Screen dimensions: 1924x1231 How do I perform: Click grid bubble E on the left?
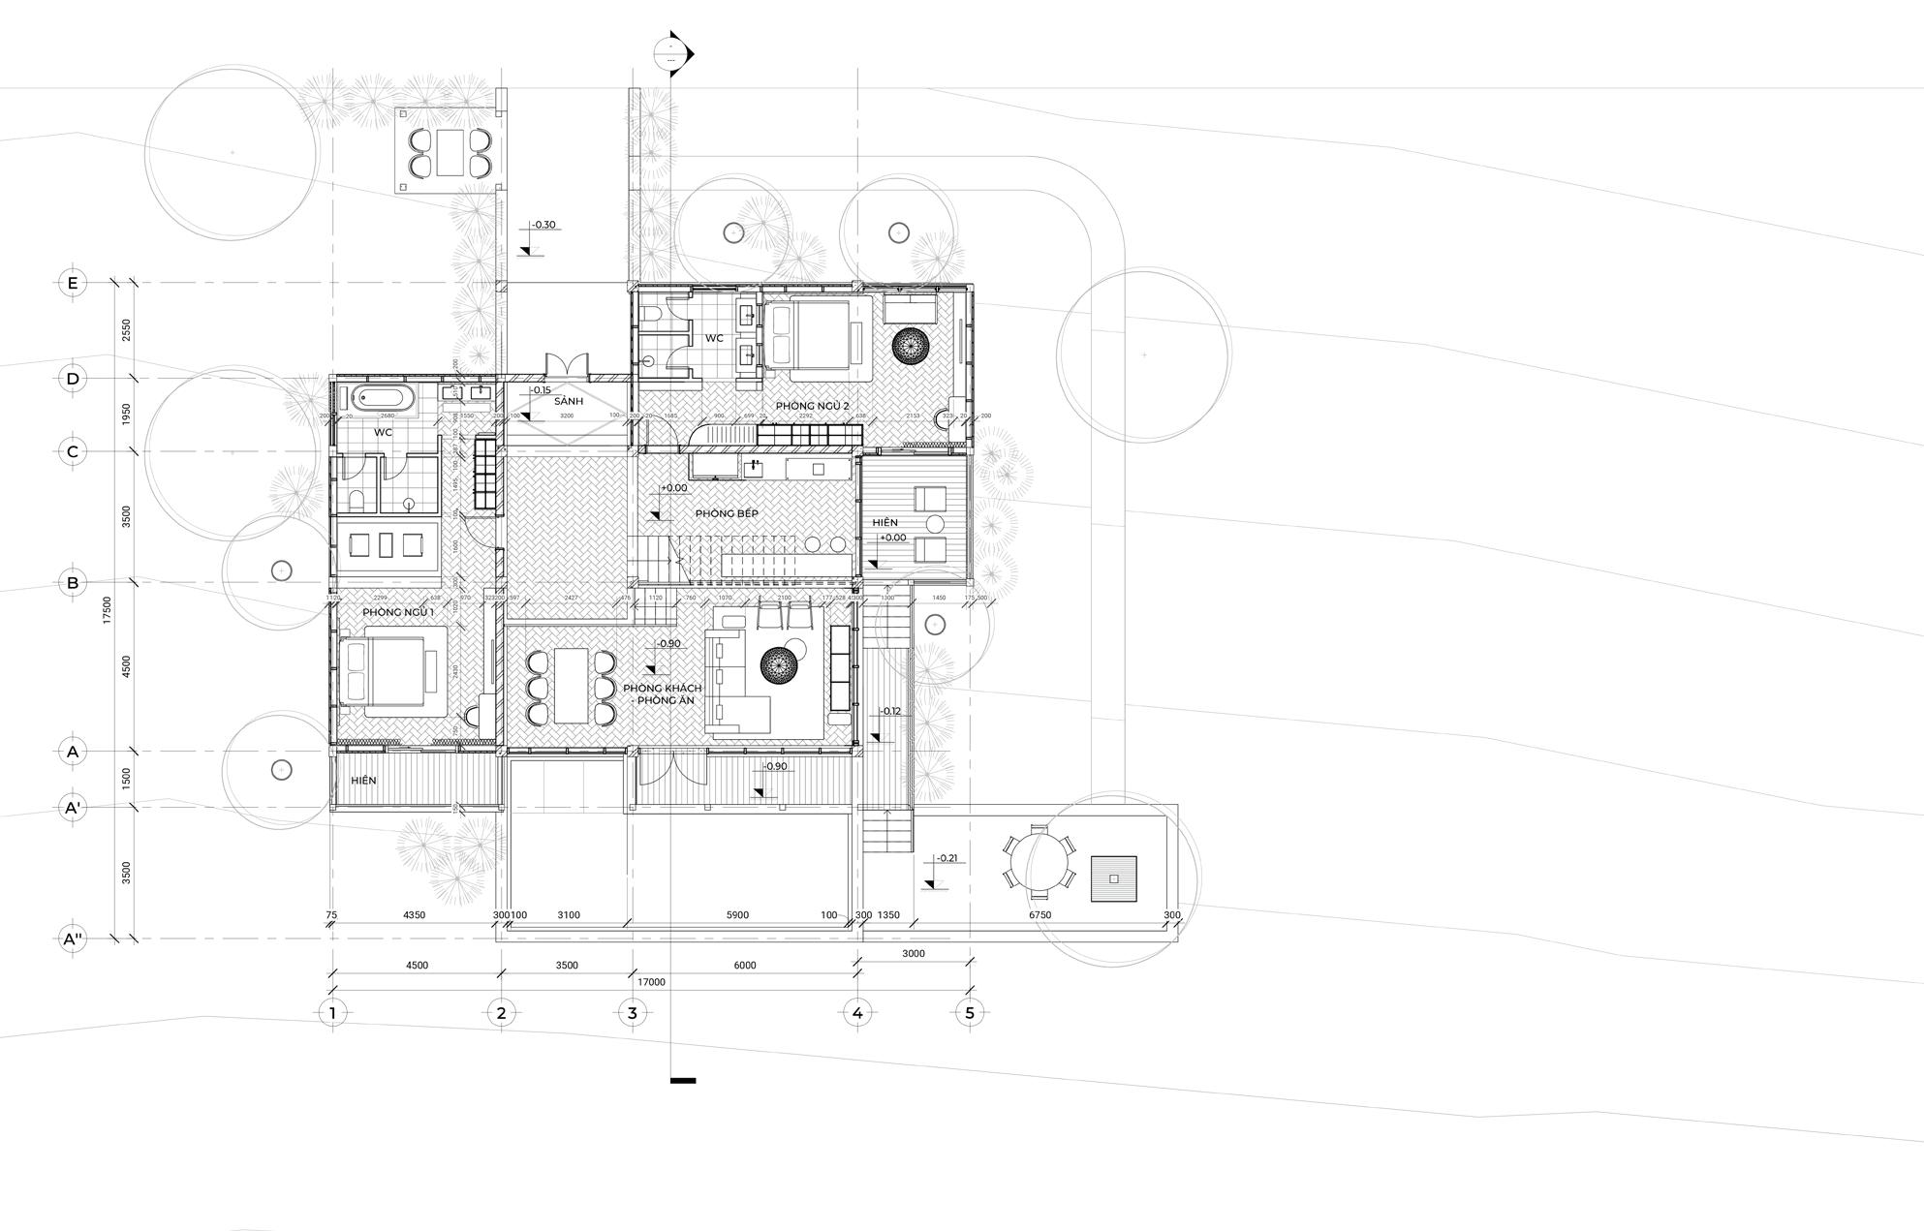(72, 283)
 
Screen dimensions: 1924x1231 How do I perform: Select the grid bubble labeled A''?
(72, 939)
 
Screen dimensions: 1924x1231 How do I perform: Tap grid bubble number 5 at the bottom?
(970, 1013)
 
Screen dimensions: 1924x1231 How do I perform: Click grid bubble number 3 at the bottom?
(632, 1013)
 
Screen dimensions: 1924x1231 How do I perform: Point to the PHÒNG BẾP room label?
(727, 513)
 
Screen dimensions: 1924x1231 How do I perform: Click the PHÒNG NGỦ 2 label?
(812, 405)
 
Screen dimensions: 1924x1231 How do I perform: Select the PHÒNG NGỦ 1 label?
(398, 613)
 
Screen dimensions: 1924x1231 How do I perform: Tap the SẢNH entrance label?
(569, 401)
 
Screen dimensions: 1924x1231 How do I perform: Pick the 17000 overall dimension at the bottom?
(651, 982)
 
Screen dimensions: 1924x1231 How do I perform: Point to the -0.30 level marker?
(543, 225)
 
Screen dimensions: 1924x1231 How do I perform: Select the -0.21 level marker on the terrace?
(946, 858)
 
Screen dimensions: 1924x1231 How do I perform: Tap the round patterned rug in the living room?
(779, 665)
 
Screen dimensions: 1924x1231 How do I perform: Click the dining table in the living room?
(571, 687)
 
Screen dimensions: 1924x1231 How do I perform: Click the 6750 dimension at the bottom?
(1040, 915)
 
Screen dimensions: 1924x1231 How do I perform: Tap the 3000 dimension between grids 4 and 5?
(913, 954)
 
